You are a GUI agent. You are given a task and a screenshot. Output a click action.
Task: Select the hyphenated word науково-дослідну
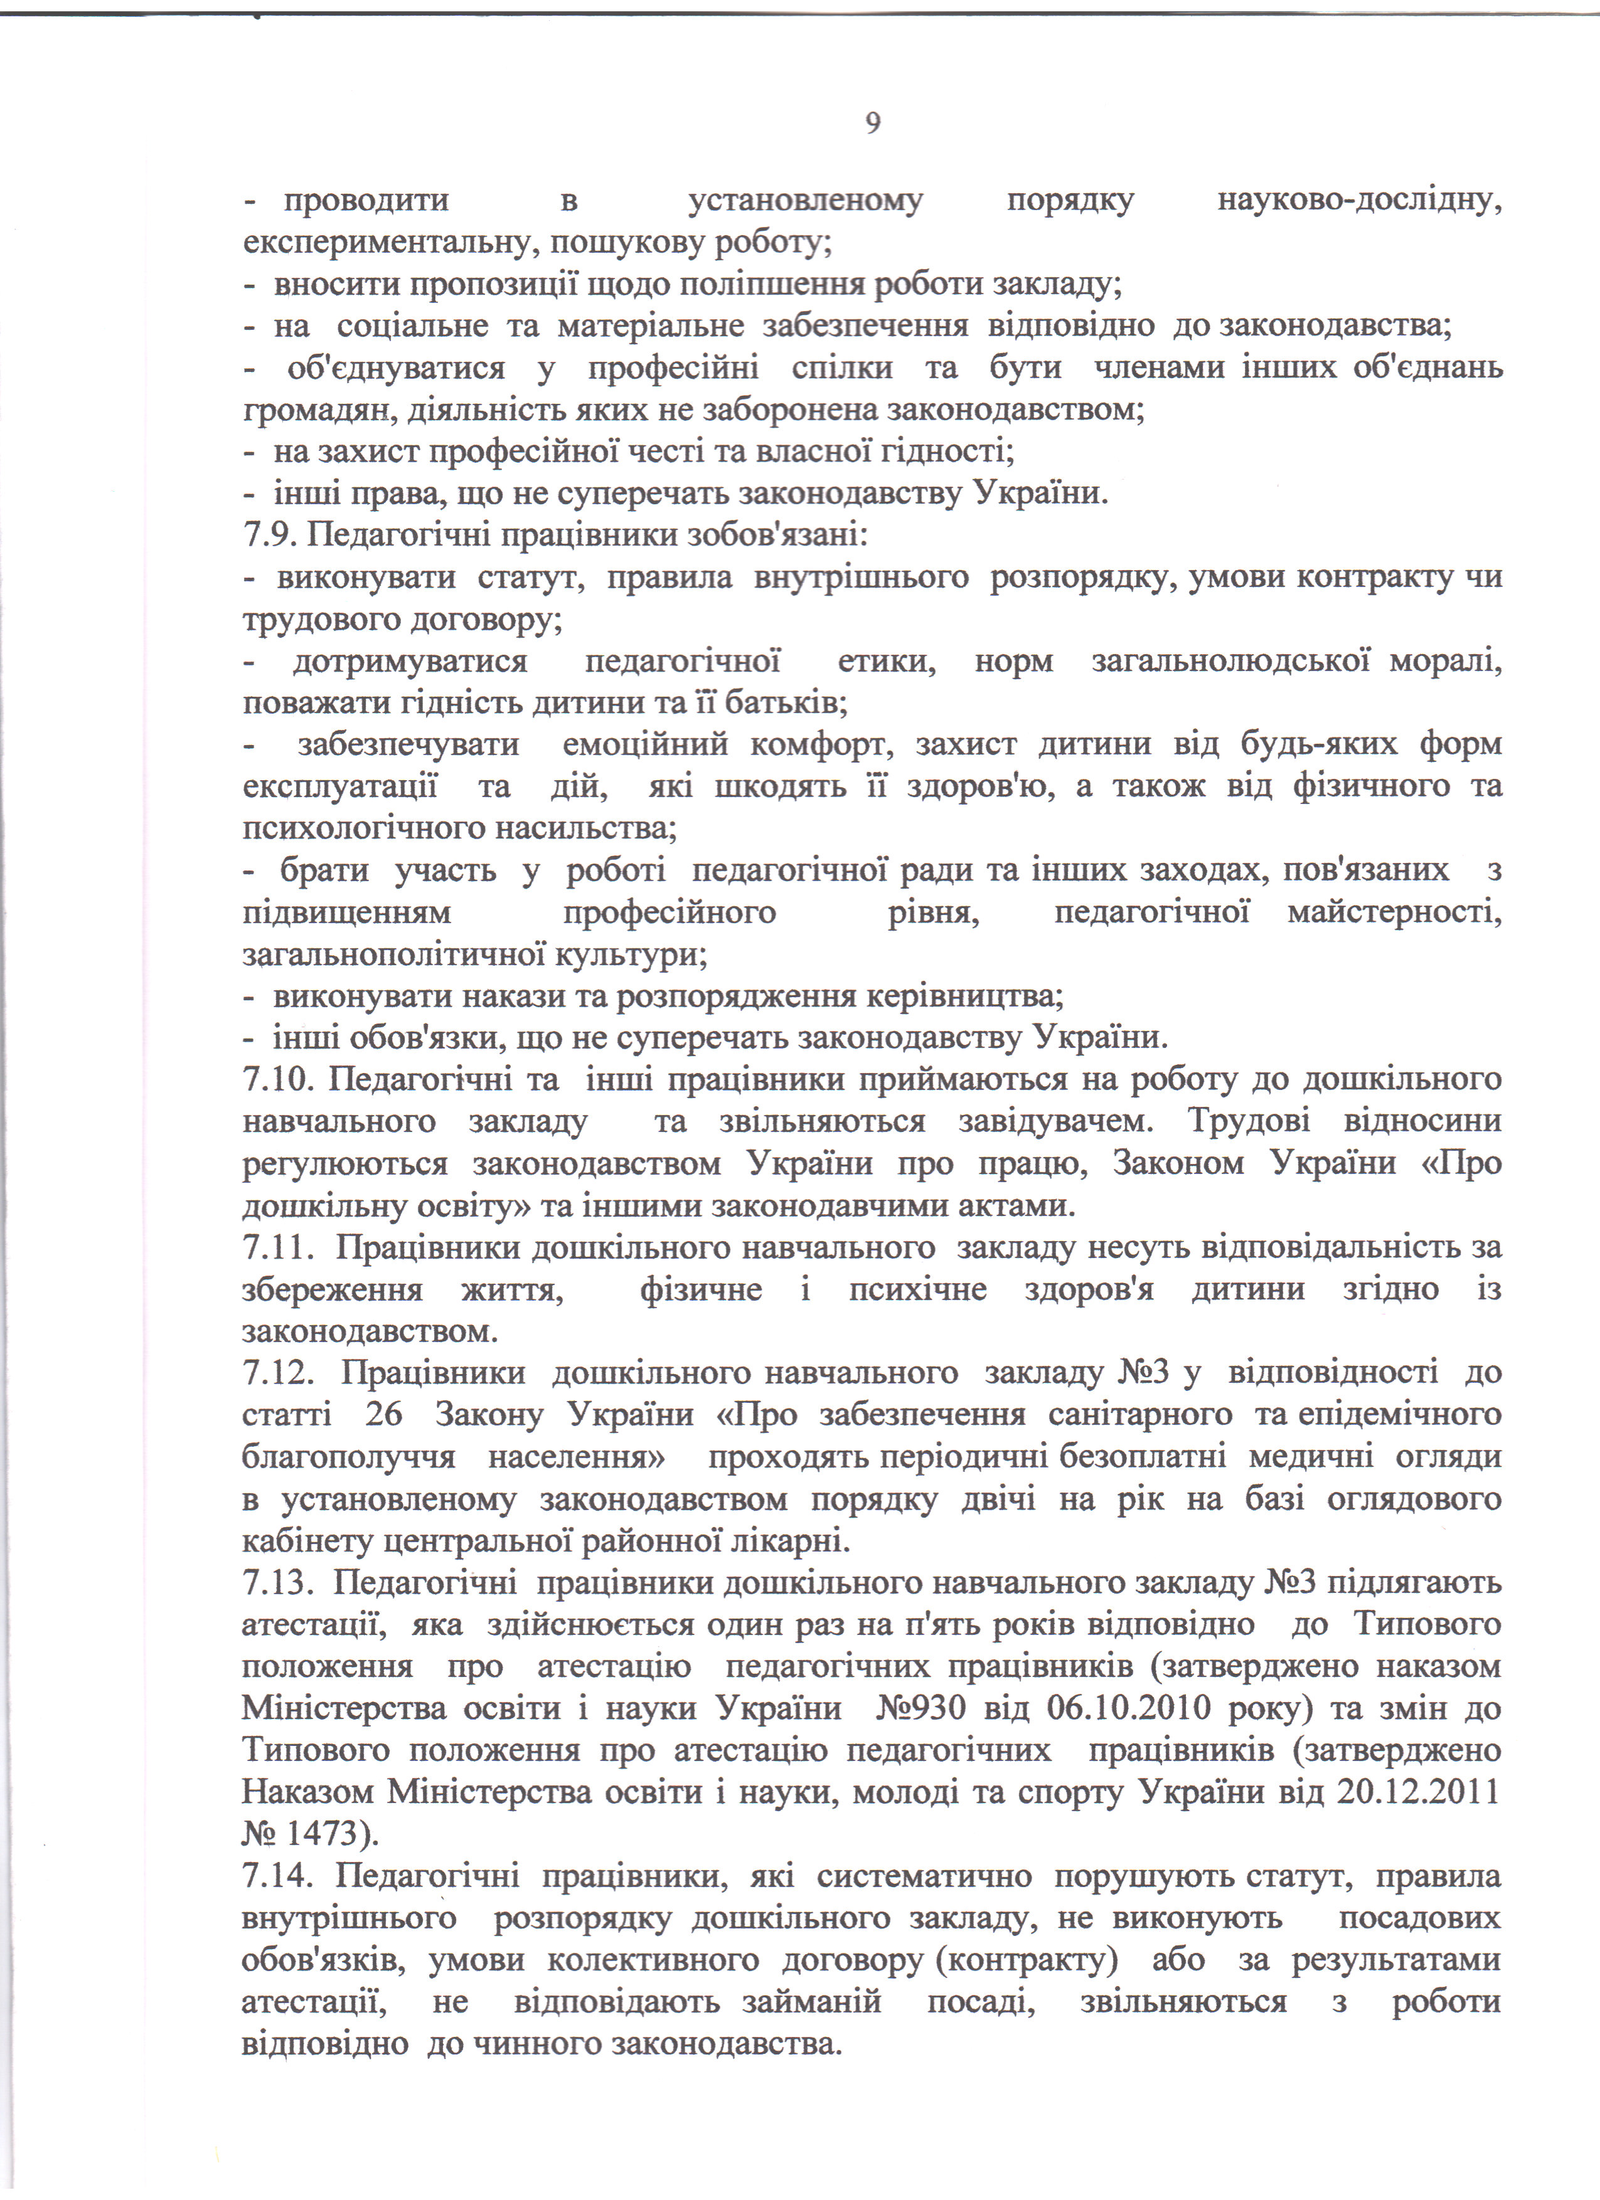(1358, 201)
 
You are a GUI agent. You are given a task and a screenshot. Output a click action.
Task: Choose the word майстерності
(1394, 912)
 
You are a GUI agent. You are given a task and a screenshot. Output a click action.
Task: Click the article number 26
(384, 1415)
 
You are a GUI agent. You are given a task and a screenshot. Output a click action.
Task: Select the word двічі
(998, 1499)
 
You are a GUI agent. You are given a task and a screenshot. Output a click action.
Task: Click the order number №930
(921, 1708)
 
